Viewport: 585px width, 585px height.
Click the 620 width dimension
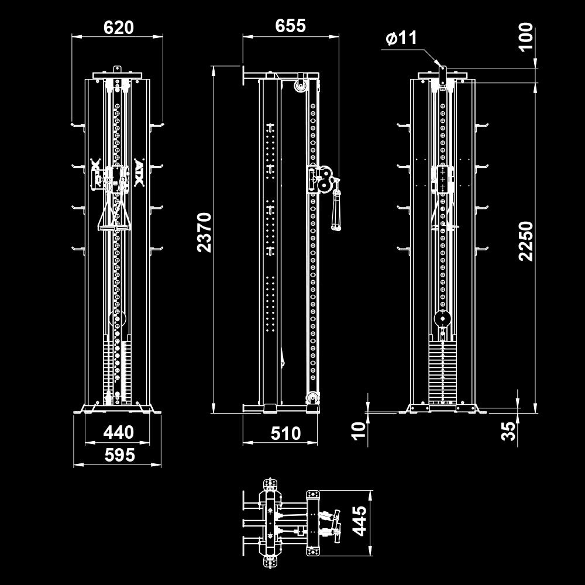point(118,27)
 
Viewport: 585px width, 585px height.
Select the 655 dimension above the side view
point(290,26)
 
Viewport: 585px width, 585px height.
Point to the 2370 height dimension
point(204,232)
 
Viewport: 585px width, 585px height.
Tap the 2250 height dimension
point(526,241)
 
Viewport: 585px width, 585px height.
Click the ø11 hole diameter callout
point(402,39)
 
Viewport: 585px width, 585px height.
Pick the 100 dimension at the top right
point(526,36)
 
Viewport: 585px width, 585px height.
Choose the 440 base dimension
point(118,432)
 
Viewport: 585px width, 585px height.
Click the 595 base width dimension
point(118,455)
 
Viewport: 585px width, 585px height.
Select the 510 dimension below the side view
point(285,433)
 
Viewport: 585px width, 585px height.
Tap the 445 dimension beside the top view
point(359,521)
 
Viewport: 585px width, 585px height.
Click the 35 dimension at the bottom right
point(510,431)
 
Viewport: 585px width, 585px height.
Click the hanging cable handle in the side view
point(336,208)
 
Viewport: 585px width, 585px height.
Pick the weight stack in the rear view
point(442,373)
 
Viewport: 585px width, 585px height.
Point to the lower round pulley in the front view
point(117,319)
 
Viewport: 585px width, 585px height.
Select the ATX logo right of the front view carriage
point(139,173)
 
